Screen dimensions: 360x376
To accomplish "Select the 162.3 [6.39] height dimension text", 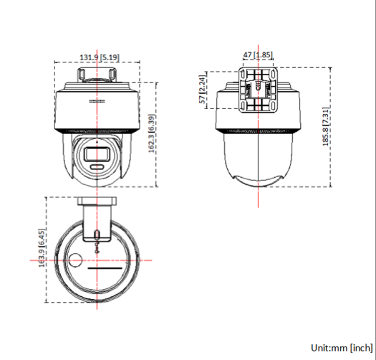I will click(x=151, y=134).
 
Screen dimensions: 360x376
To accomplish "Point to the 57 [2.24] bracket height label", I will click(x=203, y=90).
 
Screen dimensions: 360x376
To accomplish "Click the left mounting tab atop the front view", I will click(x=80, y=73).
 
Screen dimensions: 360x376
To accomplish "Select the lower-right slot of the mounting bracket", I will click(x=271, y=105).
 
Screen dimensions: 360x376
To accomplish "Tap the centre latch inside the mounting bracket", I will click(x=258, y=90).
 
